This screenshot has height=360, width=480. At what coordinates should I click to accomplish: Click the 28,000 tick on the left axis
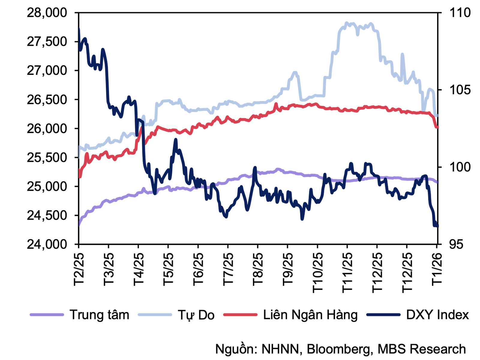tap(47, 13)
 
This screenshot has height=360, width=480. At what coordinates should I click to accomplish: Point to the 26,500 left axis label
tap(47, 100)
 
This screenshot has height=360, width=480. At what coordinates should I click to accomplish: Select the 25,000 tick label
tap(47, 186)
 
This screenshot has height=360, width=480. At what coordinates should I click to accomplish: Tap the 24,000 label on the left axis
tap(47, 244)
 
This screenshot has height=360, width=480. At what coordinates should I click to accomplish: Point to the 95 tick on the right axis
tap(456, 244)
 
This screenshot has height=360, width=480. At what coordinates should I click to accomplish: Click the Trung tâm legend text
tap(99, 315)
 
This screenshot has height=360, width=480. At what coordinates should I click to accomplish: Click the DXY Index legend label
tap(437, 315)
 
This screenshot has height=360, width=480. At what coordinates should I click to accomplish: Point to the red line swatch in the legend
tap(241, 315)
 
